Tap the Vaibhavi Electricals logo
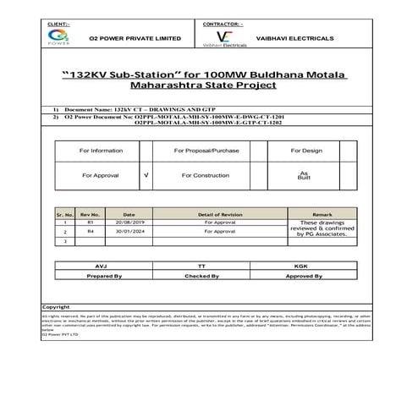point(223,39)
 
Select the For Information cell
point(101,150)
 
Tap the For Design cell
point(306,150)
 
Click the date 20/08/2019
point(129,223)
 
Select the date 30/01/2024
point(129,231)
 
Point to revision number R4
point(91,231)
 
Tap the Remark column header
point(311,215)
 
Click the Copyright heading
point(56,306)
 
